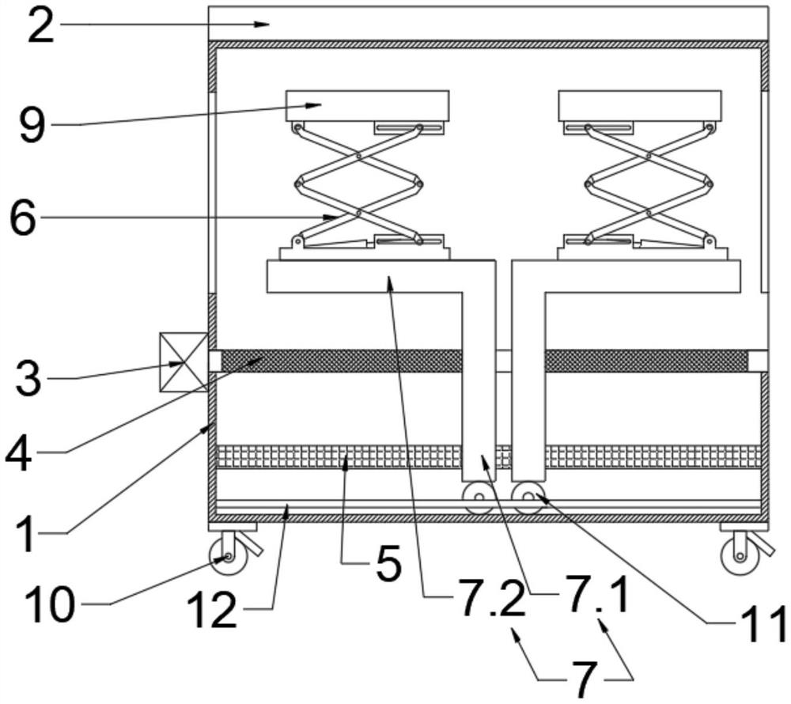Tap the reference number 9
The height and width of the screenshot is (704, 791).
32,124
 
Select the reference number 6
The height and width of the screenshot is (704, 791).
24,218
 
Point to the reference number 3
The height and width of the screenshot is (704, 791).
28,378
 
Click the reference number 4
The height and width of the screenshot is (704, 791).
19,454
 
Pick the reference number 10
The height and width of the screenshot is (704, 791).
50,604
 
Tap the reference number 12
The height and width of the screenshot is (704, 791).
212,610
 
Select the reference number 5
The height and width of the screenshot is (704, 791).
388,562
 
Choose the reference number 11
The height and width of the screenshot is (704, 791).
763,624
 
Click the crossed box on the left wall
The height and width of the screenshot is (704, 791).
184,362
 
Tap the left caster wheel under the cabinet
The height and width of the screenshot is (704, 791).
228,557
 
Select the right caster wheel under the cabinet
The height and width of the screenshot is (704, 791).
740,557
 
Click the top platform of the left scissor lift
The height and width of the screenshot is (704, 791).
367,106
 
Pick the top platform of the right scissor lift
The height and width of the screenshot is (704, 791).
640,106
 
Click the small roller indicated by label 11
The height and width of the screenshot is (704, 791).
528,498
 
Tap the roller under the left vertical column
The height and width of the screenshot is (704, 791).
479,498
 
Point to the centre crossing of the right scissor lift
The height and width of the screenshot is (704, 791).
649,184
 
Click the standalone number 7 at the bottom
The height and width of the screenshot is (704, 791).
585,679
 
